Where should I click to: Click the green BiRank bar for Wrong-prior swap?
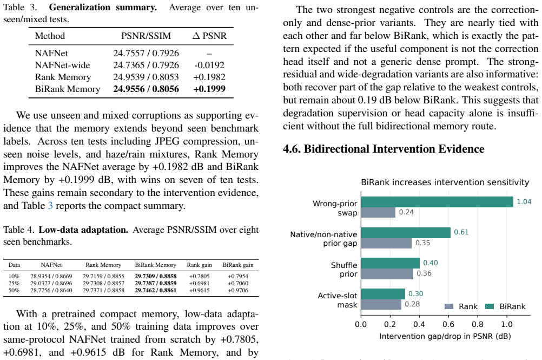[437, 202]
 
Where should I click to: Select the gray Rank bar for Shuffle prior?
[387, 274]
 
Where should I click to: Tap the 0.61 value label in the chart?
[461, 232]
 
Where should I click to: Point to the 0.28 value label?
[412, 304]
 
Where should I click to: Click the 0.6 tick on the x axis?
[448, 324]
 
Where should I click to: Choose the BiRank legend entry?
[505, 306]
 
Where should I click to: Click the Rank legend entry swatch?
[448, 306]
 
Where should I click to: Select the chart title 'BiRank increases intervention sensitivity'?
[445, 182]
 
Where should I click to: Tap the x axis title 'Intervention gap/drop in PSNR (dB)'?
[445, 336]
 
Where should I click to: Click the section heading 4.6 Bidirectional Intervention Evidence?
[384, 149]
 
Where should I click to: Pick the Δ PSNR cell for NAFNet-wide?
[209, 65]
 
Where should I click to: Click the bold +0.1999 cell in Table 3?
[209, 89]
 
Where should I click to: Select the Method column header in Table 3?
[50, 36]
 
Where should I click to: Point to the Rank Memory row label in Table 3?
[63, 77]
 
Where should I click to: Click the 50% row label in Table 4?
[14, 290]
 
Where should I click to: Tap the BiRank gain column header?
[238, 265]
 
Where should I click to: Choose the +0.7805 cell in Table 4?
[199, 276]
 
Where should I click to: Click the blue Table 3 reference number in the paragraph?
[50, 206]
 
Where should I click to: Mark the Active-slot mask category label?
[338, 300]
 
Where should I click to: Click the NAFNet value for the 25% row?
[51, 283]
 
